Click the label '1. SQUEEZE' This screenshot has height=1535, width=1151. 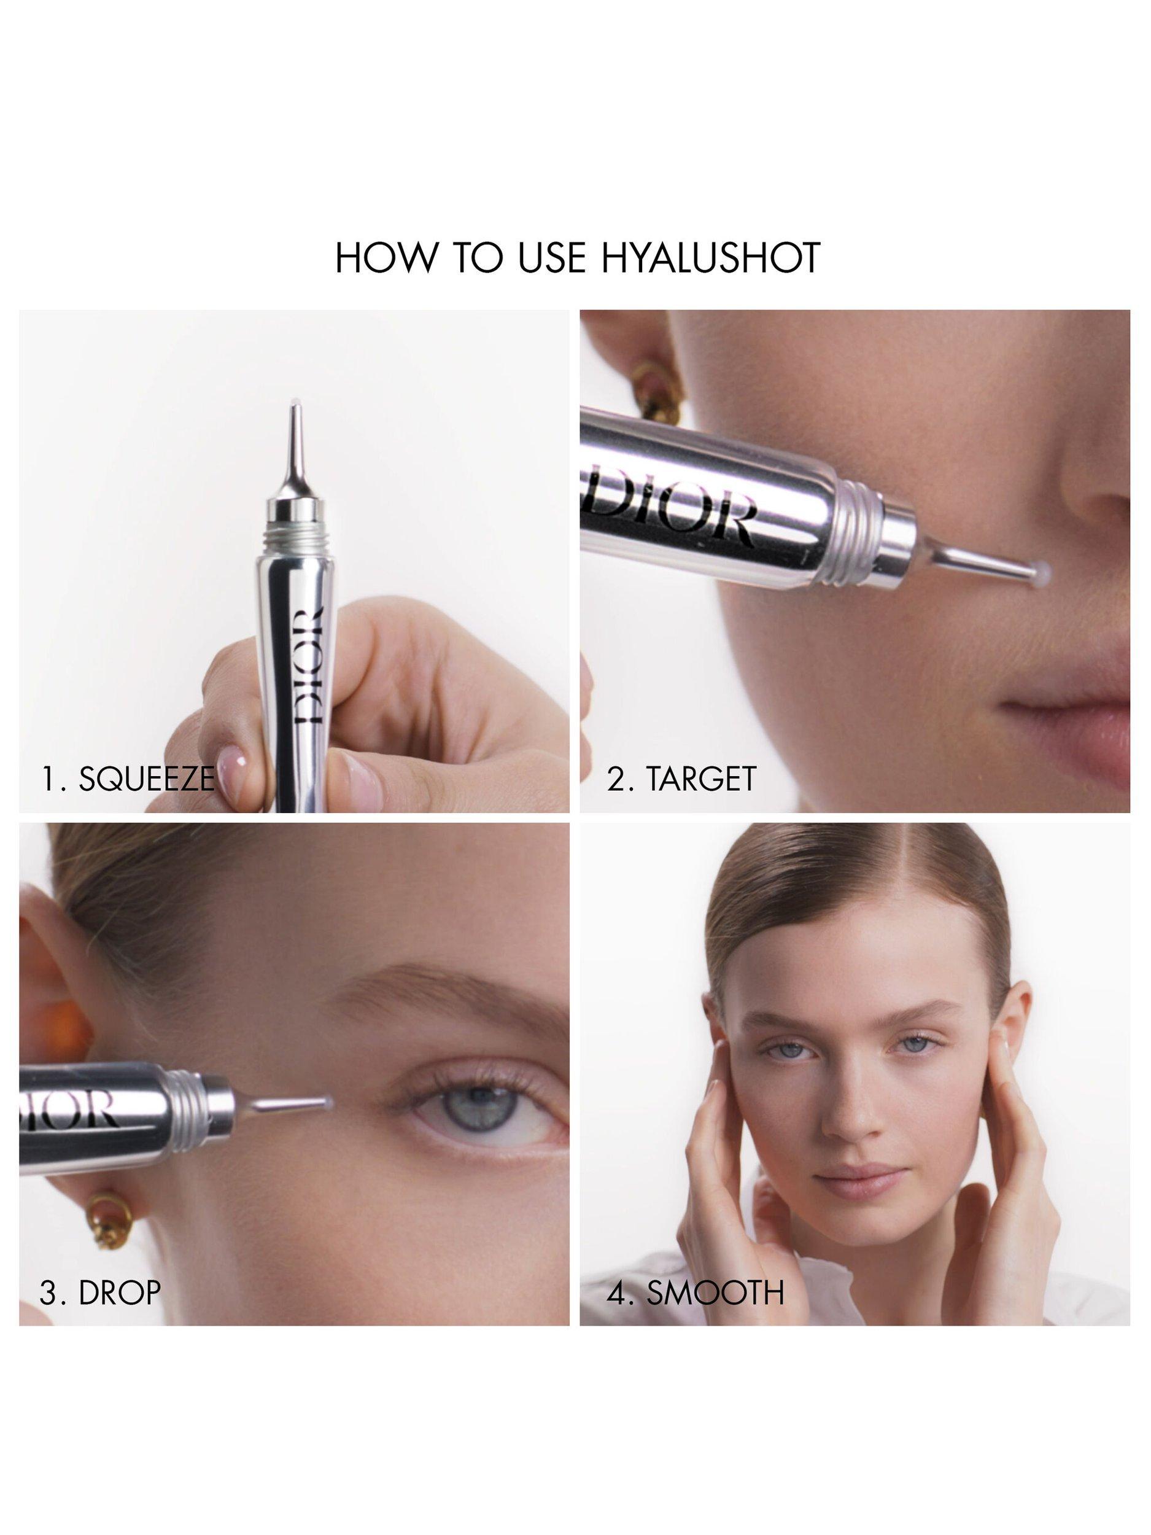(x=127, y=779)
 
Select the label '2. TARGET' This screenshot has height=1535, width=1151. (x=681, y=779)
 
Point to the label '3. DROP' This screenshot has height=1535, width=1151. (x=100, y=1292)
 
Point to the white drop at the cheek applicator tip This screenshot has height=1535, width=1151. (x=1039, y=570)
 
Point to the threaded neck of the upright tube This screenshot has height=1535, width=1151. (x=296, y=543)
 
